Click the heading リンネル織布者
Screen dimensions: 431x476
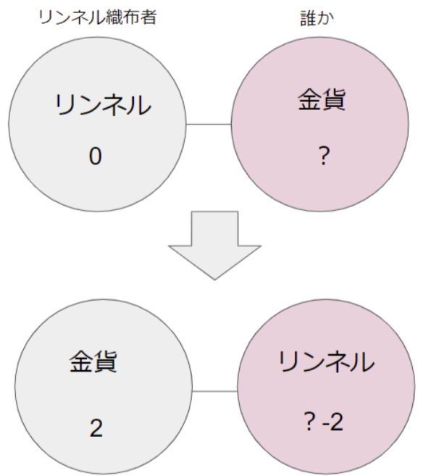click(x=98, y=17)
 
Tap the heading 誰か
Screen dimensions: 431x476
click(x=317, y=18)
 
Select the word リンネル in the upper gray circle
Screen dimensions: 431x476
click(x=103, y=105)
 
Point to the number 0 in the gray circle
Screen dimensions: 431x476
click(x=96, y=156)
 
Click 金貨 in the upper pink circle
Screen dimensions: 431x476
click(x=322, y=99)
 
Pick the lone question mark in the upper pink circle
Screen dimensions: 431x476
click(x=325, y=156)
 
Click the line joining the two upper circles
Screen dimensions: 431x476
click(x=209, y=124)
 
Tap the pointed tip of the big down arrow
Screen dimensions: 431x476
click(x=215, y=279)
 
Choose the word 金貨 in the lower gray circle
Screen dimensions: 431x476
click(x=93, y=362)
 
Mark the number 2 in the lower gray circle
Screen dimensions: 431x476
click(x=96, y=428)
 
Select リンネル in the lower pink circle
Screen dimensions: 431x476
click(x=326, y=362)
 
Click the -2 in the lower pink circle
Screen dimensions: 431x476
click(x=333, y=422)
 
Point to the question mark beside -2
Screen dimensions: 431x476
click(x=309, y=422)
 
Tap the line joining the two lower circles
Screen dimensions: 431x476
click(x=215, y=391)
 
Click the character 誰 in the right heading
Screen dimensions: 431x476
click(x=309, y=18)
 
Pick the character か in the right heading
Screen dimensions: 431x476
click(x=326, y=19)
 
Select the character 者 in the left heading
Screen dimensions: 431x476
click(x=148, y=17)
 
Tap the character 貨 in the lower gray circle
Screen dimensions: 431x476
click(x=105, y=362)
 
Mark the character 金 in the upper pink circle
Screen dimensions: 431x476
click(x=309, y=99)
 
